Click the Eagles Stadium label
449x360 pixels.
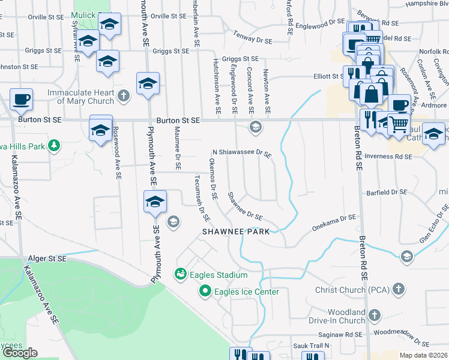219,275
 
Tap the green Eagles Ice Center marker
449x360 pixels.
205,292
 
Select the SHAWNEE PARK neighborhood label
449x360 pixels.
235,231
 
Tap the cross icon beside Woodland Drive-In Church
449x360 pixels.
375,315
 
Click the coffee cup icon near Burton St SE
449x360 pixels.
21,98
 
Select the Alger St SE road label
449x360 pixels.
47,259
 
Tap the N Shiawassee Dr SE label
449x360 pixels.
243,153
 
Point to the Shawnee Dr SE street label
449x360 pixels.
245,206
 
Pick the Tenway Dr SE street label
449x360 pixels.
253,36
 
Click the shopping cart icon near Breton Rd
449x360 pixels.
399,124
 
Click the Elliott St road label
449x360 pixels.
328,76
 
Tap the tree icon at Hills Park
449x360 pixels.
54,145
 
